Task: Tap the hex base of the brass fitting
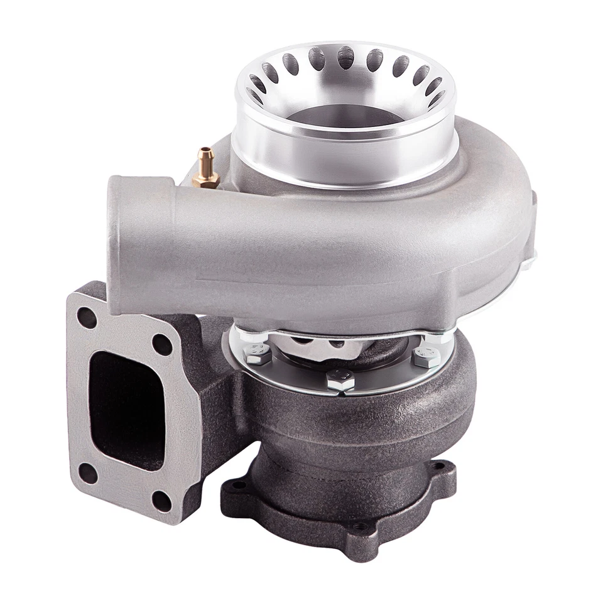(x=207, y=181)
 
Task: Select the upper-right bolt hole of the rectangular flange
(x=163, y=344)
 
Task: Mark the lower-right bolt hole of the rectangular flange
(x=162, y=499)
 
